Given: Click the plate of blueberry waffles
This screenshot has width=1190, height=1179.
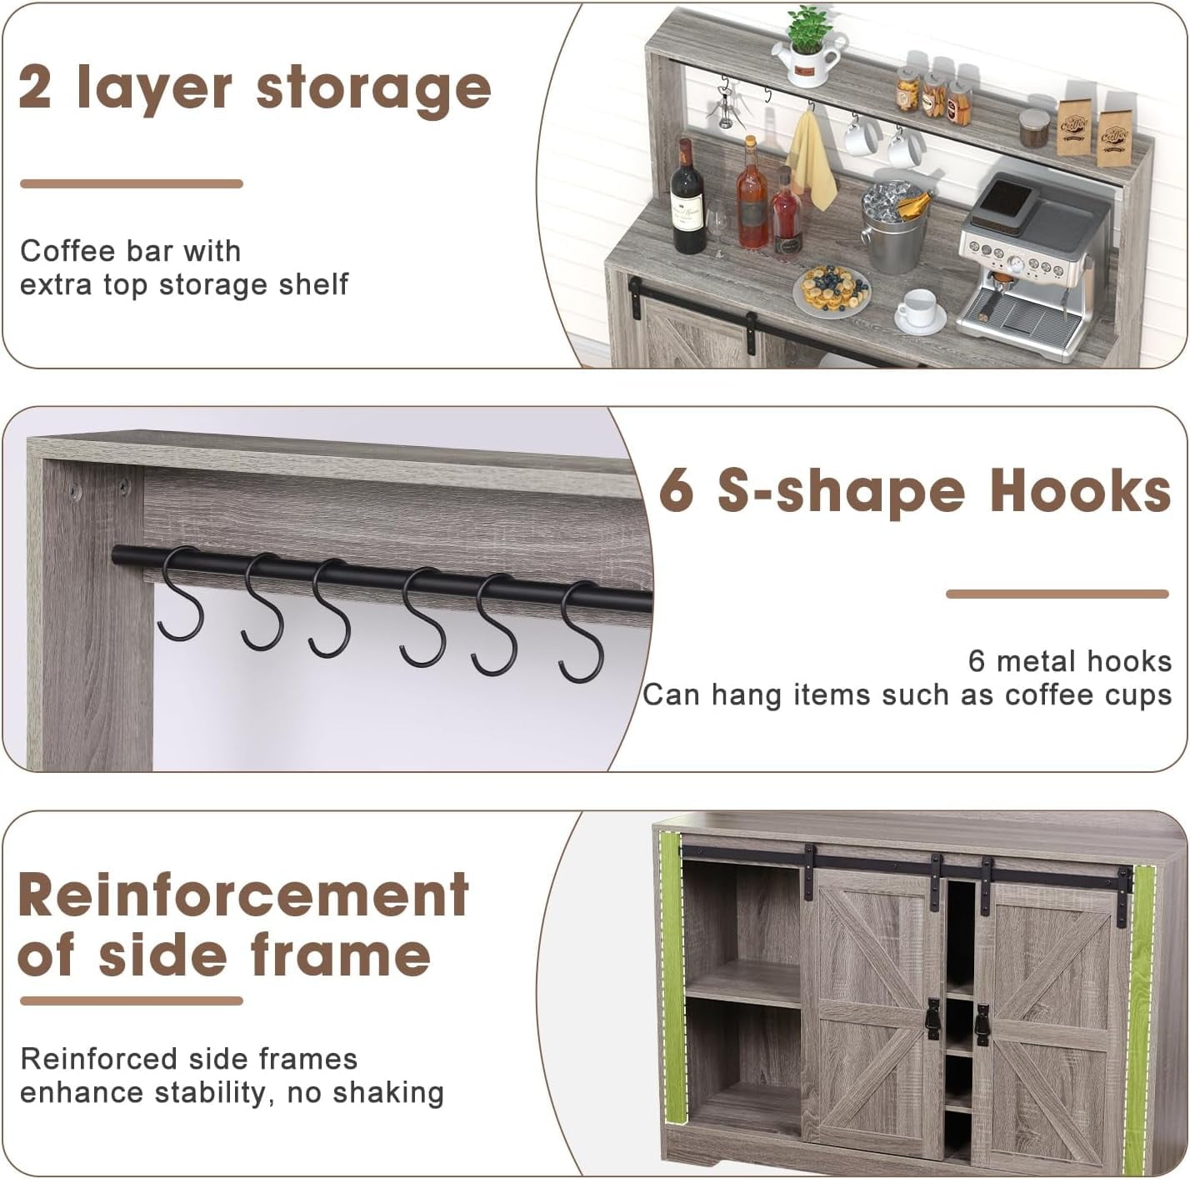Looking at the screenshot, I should coord(832,291).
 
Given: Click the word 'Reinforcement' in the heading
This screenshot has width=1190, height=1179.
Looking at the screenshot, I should coord(243,896).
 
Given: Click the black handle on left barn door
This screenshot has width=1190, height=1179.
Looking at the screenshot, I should coord(932,1019).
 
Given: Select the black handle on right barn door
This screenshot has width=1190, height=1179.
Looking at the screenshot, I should coord(982,1025).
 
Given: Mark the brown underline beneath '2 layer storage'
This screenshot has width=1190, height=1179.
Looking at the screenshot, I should coord(131,183).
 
